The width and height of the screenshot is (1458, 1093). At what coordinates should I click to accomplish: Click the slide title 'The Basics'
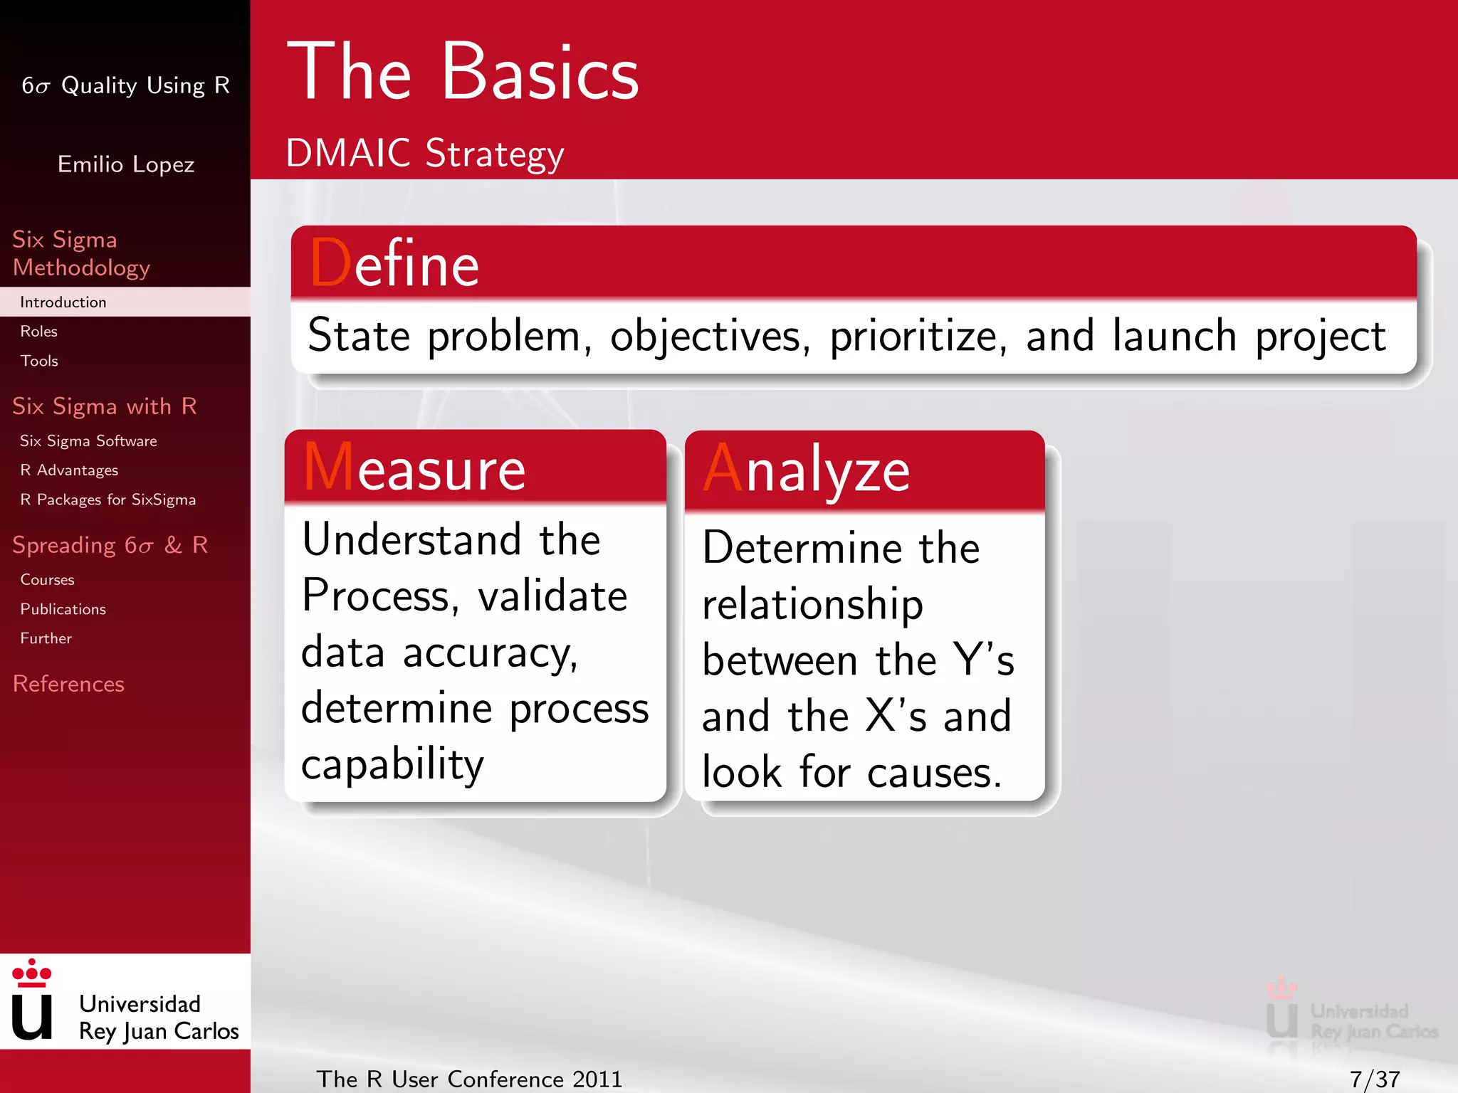(463, 73)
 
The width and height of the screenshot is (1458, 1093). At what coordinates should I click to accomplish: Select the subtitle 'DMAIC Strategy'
(424, 153)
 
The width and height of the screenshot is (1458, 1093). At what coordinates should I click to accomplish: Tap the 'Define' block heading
(395, 264)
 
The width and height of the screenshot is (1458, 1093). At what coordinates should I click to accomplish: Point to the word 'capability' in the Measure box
(392, 765)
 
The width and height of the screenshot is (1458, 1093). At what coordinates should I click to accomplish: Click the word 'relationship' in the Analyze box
(812, 604)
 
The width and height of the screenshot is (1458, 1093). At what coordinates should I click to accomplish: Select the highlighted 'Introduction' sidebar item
(63, 302)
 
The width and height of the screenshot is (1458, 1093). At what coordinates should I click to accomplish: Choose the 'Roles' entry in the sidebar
(39, 332)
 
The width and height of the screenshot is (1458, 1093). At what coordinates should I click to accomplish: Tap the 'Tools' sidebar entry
(39, 361)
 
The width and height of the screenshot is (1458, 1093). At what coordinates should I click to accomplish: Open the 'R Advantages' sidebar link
(69, 470)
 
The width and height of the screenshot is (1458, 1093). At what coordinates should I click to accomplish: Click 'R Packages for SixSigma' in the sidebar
(107, 500)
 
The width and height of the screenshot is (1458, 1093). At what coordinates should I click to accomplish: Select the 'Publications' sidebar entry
(63, 609)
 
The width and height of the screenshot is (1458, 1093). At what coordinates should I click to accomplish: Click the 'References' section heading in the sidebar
(68, 684)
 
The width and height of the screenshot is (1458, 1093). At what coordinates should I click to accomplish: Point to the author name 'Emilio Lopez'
(126, 164)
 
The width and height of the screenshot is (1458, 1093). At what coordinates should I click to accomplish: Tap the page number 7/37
(1374, 1079)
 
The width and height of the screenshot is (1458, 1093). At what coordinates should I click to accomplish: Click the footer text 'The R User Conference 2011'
(469, 1079)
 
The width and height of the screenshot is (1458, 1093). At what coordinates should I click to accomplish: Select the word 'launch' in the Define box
(1174, 336)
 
